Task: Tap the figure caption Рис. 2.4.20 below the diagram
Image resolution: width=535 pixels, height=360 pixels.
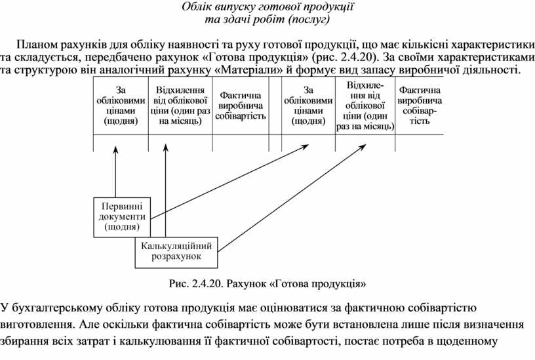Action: pyautogui.click(x=267, y=284)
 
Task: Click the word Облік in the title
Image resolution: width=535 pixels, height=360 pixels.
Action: pyautogui.click(x=197, y=8)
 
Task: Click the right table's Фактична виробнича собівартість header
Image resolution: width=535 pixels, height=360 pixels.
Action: pyautogui.click(x=419, y=105)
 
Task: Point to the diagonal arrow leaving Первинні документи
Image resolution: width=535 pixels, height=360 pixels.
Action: pyautogui.click(x=229, y=180)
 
